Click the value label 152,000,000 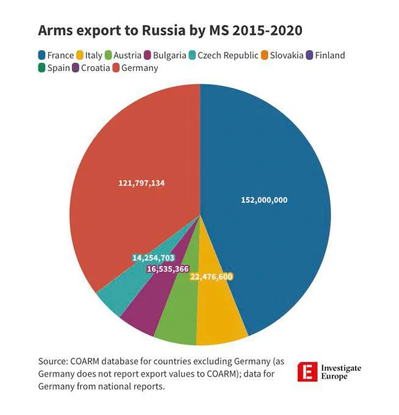(x=264, y=200)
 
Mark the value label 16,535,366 (x=168, y=269)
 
